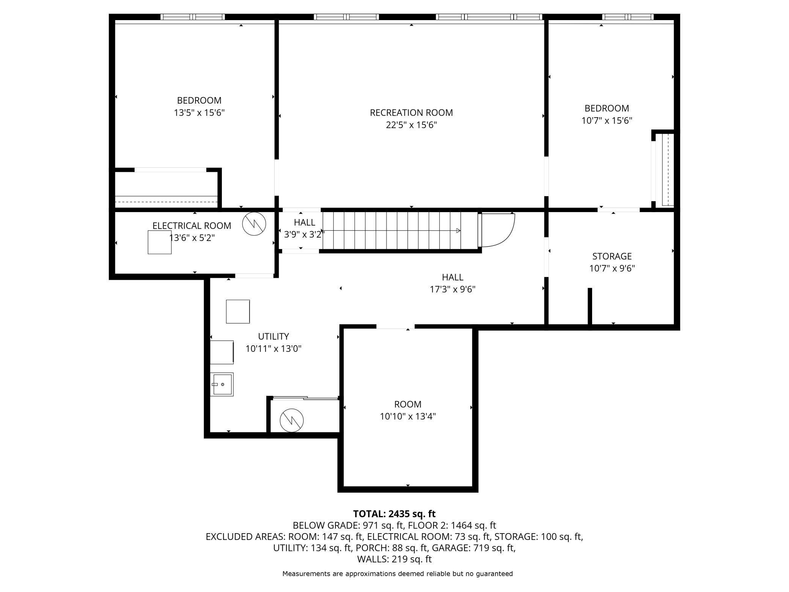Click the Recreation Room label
411,113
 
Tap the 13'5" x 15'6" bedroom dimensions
199,113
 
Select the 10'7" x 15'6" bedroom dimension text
607,120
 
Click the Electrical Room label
192,226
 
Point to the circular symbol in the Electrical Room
254,224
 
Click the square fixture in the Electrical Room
160,242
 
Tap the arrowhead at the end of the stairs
458,230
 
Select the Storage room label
612,256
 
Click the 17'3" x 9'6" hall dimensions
453,290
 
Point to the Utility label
273,337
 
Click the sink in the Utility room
222,384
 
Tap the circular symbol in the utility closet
292,420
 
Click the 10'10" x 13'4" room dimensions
408,416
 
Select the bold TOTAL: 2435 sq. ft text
394,514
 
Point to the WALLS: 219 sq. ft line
394,559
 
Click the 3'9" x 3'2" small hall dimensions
304,235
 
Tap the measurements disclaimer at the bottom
398,574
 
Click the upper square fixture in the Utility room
238,312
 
